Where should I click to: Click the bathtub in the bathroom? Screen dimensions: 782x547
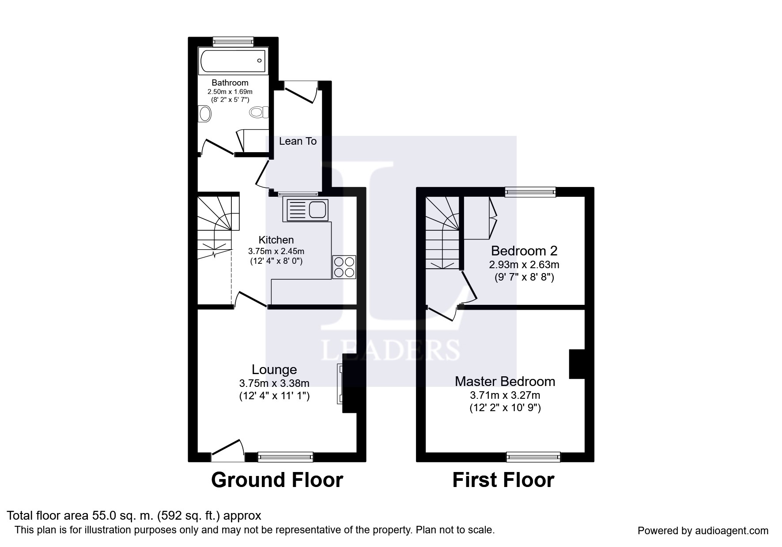233,61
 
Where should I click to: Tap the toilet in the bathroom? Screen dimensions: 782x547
259,112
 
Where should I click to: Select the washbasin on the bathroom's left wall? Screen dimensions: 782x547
205,114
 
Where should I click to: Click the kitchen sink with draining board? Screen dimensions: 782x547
307,210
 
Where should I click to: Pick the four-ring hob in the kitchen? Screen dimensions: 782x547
344,267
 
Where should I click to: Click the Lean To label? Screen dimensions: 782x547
298,141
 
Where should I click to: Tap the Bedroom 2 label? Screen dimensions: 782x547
524,251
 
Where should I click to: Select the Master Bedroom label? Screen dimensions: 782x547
505,382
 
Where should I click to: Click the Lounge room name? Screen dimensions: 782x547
274,370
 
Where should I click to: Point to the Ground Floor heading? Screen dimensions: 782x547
277,480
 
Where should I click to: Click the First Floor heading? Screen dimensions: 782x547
503,480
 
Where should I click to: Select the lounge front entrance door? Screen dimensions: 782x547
228,450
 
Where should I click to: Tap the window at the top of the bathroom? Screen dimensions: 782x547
233,42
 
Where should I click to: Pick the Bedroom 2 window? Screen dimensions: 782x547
530,192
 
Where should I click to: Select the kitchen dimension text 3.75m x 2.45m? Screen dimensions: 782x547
276,251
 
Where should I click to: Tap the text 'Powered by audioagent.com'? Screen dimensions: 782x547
703,531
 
